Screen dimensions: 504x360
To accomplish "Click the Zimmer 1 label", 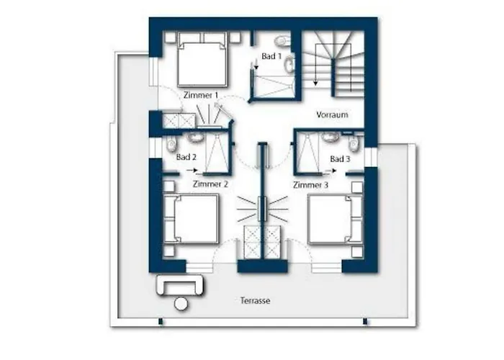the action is tap(201, 96).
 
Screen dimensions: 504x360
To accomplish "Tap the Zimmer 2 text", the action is tap(210, 184).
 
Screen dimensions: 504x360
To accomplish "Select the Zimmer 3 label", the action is tap(310, 185).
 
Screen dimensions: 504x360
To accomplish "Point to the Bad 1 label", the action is tap(271, 56).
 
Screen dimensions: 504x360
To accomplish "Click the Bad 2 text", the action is tap(186, 157).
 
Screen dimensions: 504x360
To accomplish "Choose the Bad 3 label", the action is tap(340, 159).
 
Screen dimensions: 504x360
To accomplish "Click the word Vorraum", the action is tap(332, 114).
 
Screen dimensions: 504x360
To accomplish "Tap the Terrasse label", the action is tap(255, 300).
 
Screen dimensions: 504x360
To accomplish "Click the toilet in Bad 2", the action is tap(171, 144).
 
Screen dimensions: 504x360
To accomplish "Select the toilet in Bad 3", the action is tap(354, 143).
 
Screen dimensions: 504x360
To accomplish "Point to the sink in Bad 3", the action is tap(329, 138).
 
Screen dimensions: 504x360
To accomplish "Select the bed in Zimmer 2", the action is tap(192, 219).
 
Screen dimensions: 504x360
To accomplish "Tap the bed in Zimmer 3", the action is tap(335, 219).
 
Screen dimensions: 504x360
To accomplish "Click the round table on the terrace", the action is tap(181, 304).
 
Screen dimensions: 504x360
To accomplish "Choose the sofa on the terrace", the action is tap(180, 285).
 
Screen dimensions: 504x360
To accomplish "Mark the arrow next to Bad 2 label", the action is tap(192, 170).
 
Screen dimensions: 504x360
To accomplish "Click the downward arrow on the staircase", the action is tap(316, 65).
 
